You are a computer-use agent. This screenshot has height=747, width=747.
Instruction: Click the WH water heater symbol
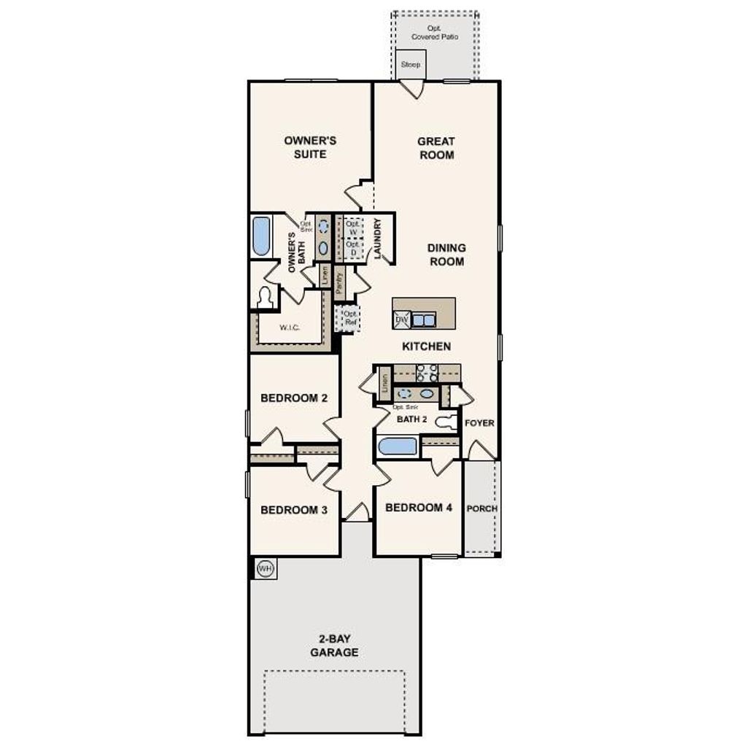(x=266, y=568)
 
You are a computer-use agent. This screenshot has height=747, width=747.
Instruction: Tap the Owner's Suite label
(x=310, y=147)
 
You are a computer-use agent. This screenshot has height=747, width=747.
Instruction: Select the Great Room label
(x=436, y=147)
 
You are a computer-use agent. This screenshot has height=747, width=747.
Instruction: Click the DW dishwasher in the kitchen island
(x=401, y=320)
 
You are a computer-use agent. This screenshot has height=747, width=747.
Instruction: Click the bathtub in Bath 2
(x=398, y=446)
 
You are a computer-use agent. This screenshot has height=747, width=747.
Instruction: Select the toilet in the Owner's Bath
(x=265, y=297)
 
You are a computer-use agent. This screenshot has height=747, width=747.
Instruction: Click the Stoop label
(x=411, y=64)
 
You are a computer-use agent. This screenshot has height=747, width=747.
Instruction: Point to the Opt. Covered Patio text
(x=435, y=32)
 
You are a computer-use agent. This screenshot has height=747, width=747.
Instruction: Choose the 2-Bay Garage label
(x=334, y=646)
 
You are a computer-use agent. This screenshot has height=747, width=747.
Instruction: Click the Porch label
(x=481, y=508)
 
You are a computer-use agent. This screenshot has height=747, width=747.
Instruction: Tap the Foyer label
(x=479, y=423)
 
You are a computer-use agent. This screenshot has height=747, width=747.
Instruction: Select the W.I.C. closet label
(x=290, y=328)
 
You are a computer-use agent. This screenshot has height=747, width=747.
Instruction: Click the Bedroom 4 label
(x=419, y=508)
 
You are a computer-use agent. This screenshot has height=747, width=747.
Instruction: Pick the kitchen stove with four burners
(x=426, y=373)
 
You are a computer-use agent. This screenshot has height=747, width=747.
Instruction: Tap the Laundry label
(x=377, y=238)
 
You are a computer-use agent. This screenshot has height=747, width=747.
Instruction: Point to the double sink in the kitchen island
(x=423, y=320)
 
